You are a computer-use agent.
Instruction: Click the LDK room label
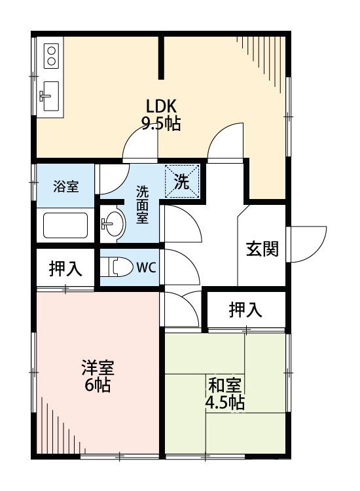tap(161, 106)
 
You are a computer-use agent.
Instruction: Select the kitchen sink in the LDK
tap(48, 96)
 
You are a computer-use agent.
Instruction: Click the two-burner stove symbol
tap(51, 55)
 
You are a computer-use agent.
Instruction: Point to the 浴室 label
tap(65, 186)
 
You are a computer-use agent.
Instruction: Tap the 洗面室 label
tap(142, 204)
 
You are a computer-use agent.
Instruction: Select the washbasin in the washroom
tap(114, 225)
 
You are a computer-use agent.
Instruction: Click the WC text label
tap(147, 267)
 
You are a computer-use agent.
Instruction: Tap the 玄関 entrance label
tap(262, 249)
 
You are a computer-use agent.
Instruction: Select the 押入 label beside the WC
tap(65, 268)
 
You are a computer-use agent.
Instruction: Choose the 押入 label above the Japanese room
tap(245, 309)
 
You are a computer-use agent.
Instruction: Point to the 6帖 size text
tap(96, 385)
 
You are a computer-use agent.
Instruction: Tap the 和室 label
tap(225, 385)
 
